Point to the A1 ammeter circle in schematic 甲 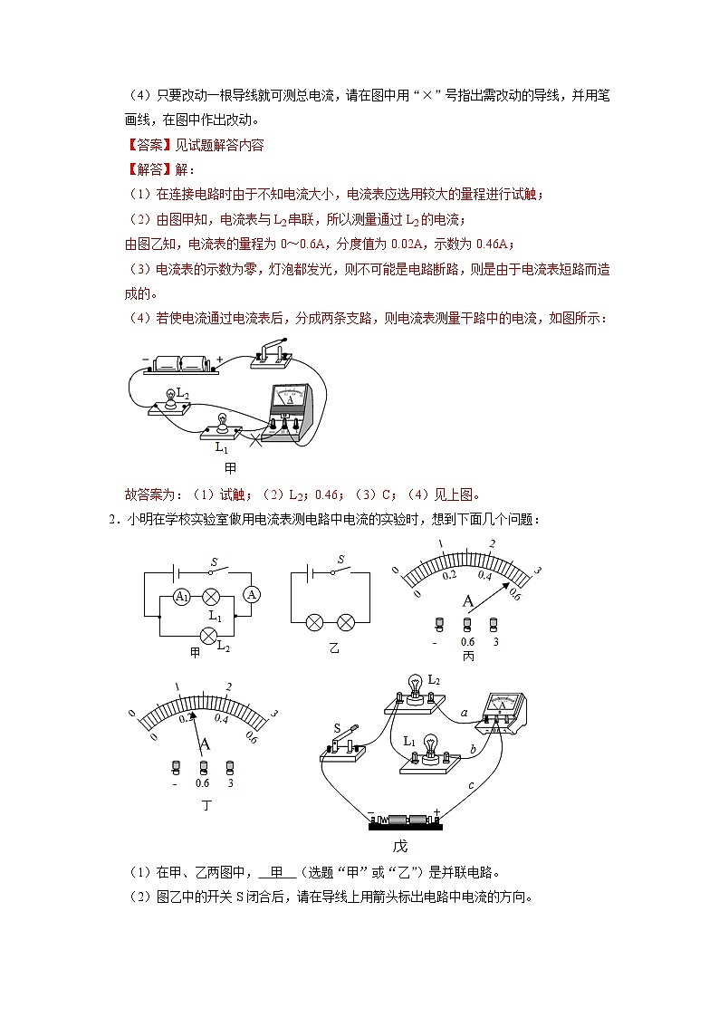(x=182, y=596)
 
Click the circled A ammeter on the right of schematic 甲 (x=253, y=594)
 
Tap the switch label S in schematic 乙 (x=340, y=561)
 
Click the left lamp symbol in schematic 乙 (x=314, y=622)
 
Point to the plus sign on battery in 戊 (x=437, y=811)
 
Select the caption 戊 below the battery (x=399, y=846)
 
